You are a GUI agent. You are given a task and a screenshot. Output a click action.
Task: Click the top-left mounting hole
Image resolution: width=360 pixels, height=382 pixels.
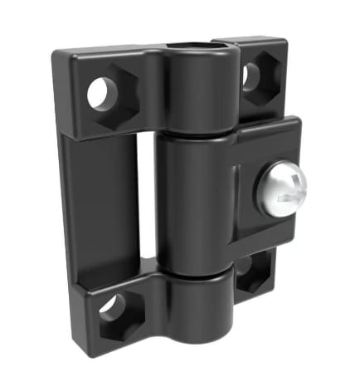pos(99,93)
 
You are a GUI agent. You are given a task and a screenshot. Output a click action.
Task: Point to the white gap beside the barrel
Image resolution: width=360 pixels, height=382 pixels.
pos(148,199)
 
